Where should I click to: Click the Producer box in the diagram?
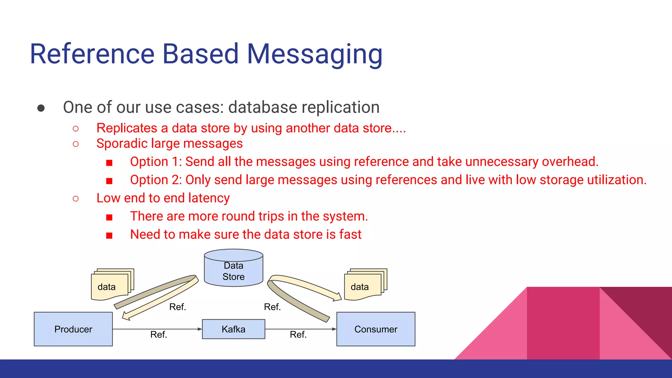click(x=73, y=329)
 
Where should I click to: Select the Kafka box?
click(x=233, y=329)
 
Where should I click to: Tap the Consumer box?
click(x=376, y=329)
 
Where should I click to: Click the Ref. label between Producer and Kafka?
click(x=159, y=335)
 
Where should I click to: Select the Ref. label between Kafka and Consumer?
click(x=298, y=335)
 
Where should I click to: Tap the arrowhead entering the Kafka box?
click(x=200, y=329)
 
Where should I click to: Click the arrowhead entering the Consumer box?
click(x=334, y=329)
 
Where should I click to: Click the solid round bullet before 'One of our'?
click(x=41, y=108)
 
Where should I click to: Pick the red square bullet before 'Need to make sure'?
click(x=109, y=235)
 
